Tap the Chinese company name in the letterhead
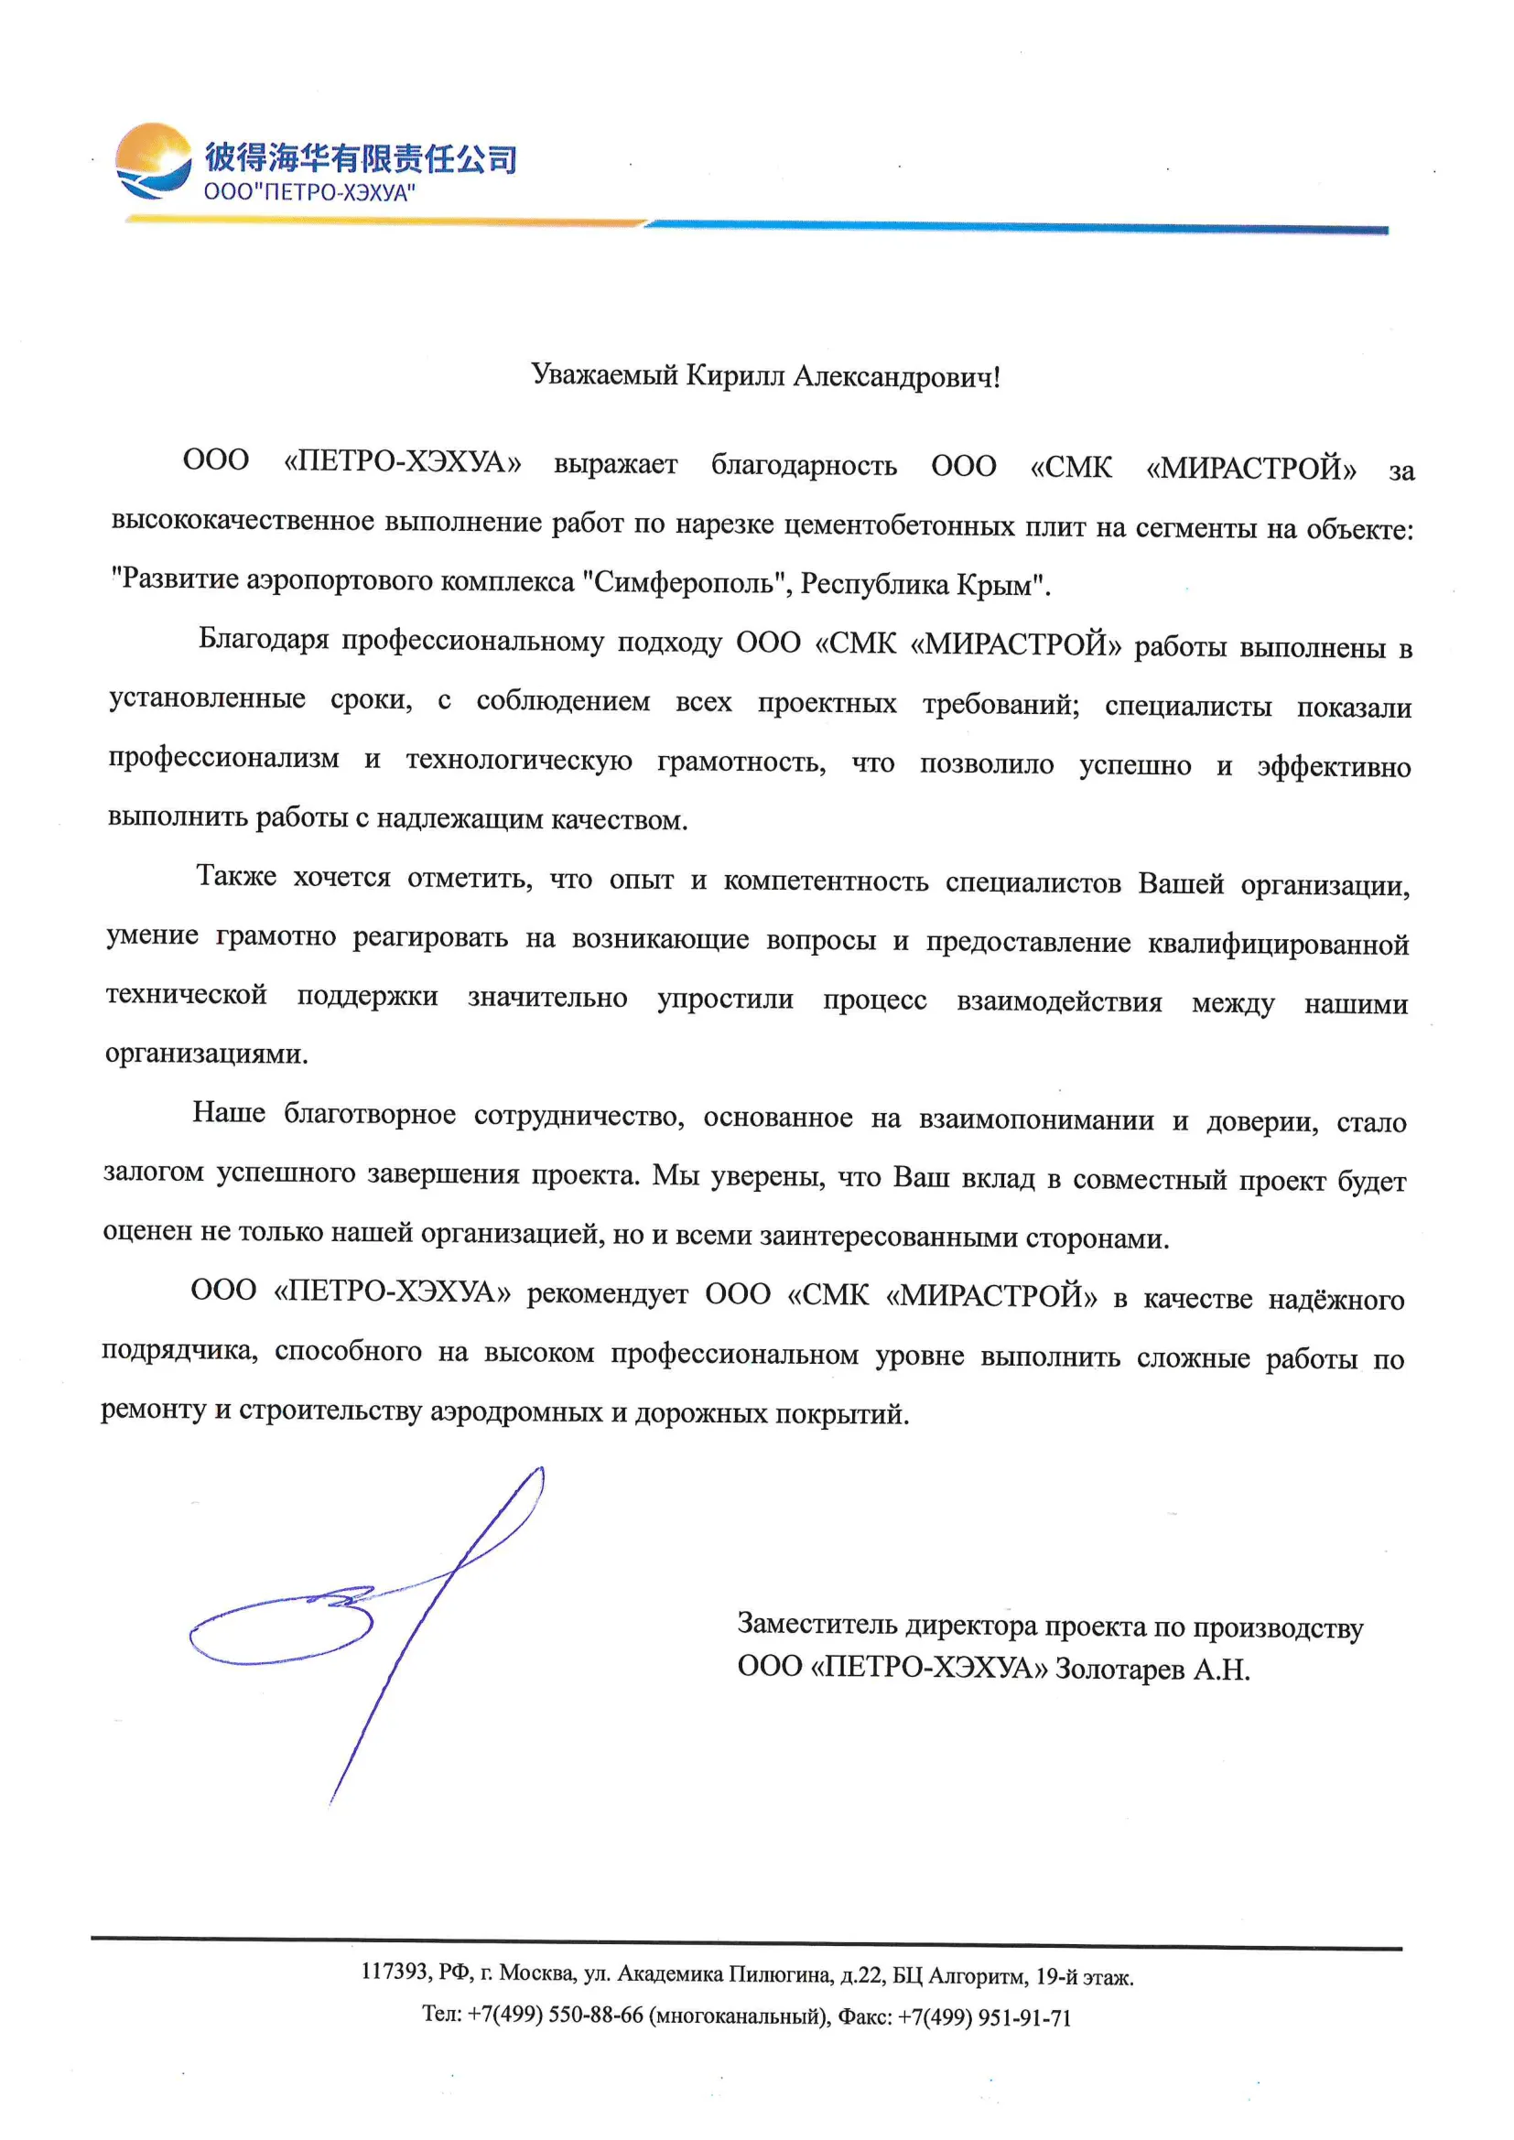pos(360,157)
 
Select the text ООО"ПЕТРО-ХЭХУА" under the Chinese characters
pos(309,193)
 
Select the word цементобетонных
pos(899,526)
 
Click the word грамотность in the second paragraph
pos(741,762)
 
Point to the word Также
pos(236,876)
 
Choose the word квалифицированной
pos(1278,946)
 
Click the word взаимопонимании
pos(1036,1119)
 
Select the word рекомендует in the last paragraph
pos(607,1293)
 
